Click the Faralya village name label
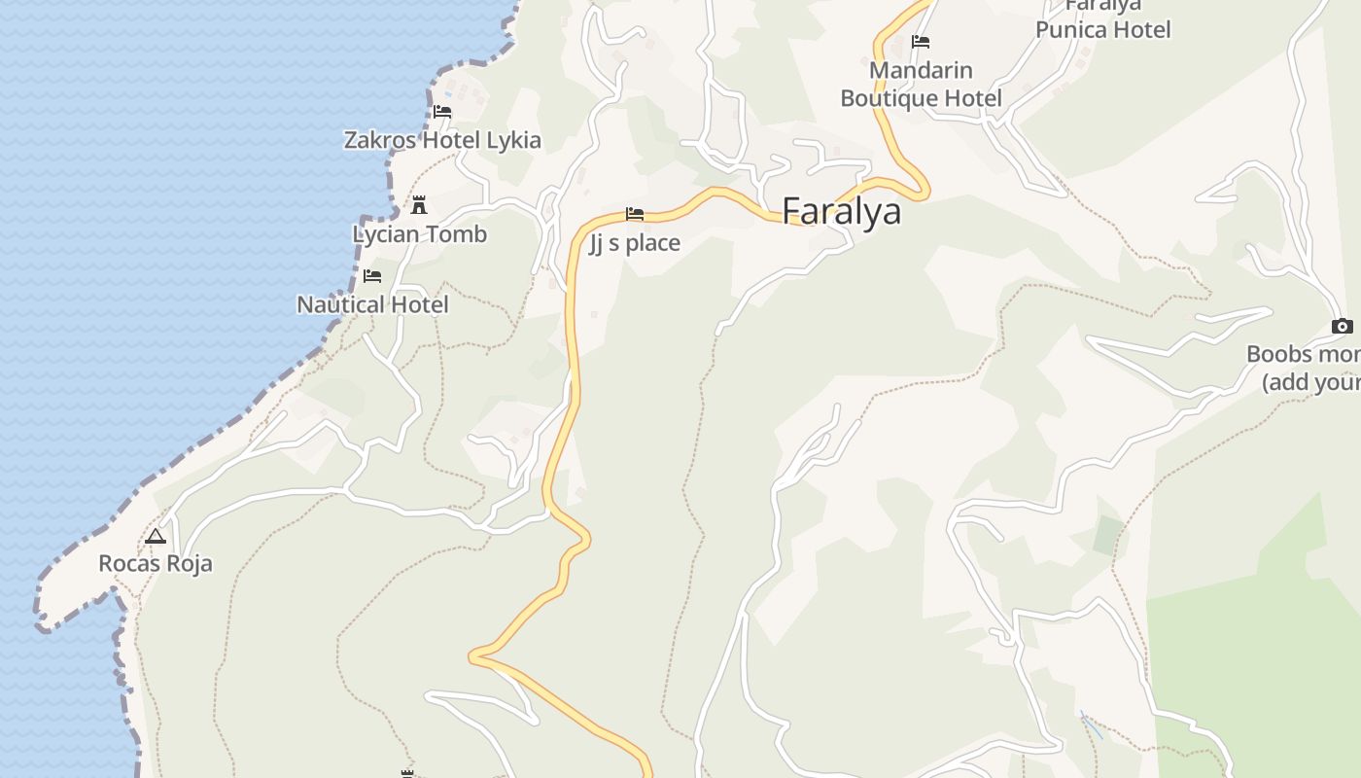pos(841,211)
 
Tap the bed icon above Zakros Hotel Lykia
pos(442,111)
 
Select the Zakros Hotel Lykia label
pos(442,140)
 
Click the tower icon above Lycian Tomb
pos(419,205)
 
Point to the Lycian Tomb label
pos(419,234)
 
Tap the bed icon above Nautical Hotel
pos(372,276)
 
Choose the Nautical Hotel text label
pos(372,304)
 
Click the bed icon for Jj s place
pos(635,214)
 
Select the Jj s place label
pos(635,243)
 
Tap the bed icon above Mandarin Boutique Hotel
pos(921,42)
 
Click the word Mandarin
pos(921,70)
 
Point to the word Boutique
pos(887,98)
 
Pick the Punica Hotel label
pos(1102,29)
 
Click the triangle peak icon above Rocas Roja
pos(156,536)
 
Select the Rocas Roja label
pos(156,564)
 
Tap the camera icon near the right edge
pos(1343,327)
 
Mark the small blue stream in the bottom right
pos(1091,725)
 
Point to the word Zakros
pos(376,140)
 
